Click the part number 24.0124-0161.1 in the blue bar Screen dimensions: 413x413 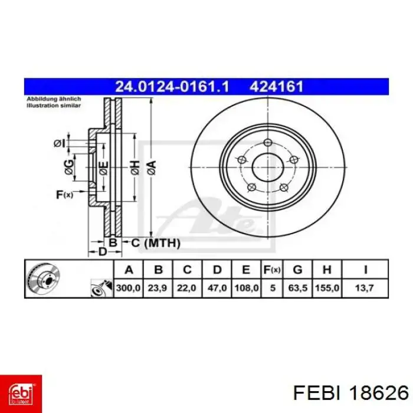(172, 87)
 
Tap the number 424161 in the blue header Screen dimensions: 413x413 (276, 87)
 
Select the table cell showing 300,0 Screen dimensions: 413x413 (128, 288)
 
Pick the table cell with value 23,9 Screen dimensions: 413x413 (158, 288)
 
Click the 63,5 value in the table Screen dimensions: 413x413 (297, 288)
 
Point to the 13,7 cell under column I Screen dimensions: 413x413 (365, 288)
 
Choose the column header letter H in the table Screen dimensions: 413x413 (327, 270)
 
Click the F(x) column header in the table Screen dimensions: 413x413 (272, 270)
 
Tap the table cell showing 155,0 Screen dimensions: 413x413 (327, 288)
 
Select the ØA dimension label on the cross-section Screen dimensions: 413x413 (152, 168)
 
